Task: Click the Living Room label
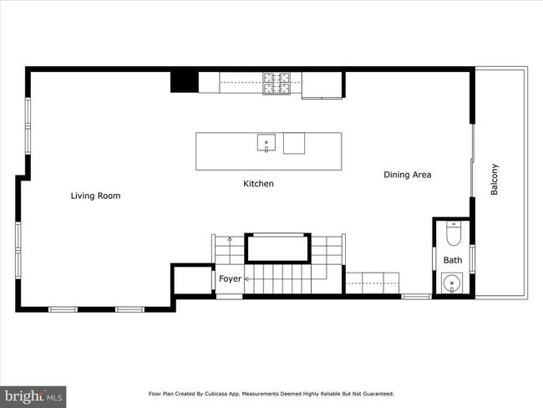tap(95, 196)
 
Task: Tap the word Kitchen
tap(258, 184)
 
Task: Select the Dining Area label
tap(408, 175)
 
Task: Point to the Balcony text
tap(495, 179)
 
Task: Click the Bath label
tap(453, 260)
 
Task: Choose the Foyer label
tap(230, 278)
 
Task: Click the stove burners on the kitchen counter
tap(277, 84)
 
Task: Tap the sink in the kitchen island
tap(266, 142)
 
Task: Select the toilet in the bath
tap(454, 233)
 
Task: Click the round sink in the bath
tap(452, 283)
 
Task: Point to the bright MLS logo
tap(33, 397)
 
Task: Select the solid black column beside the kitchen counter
tap(185, 82)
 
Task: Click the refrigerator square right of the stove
tap(322, 85)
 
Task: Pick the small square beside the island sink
tap(294, 143)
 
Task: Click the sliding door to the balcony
tap(472, 161)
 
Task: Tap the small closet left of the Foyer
tap(193, 280)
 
